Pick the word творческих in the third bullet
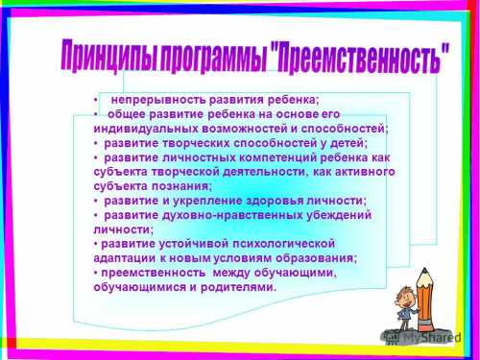pyautogui.click(x=193, y=142)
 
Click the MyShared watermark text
pyautogui.click(x=428, y=337)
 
